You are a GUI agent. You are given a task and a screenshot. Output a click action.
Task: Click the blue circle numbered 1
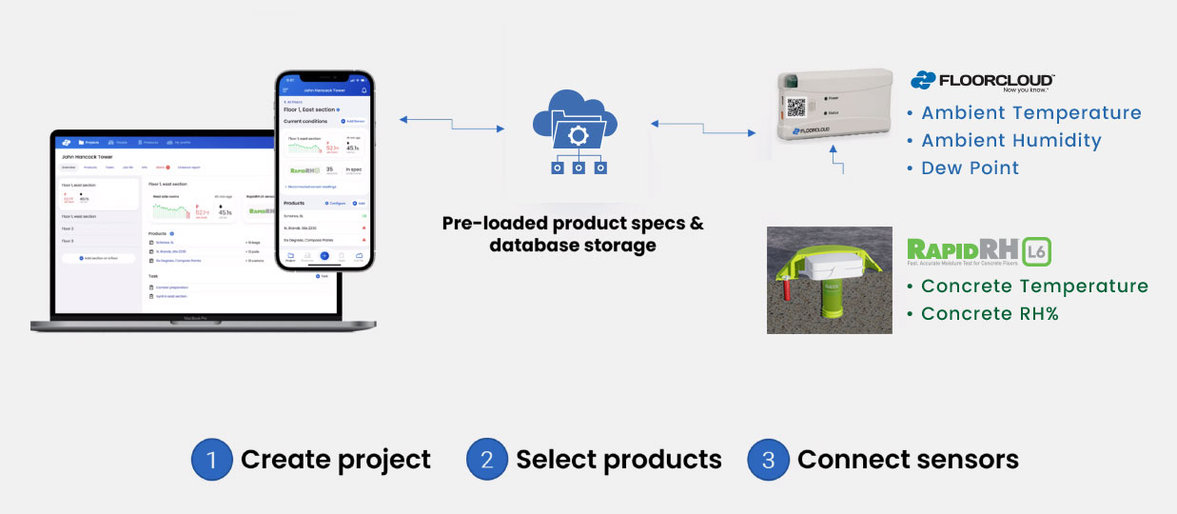(212, 461)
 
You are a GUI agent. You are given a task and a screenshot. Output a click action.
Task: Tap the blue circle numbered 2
(487, 461)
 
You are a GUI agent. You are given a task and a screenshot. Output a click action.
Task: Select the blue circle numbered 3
(768, 461)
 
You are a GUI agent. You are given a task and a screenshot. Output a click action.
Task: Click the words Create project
(335, 461)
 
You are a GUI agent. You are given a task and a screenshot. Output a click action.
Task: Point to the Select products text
(618, 461)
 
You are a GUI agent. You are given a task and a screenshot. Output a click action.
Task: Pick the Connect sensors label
(908, 461)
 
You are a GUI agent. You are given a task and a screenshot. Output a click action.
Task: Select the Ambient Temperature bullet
(1030, 113)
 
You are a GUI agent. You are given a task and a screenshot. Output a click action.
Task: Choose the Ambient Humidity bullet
(1010, 141)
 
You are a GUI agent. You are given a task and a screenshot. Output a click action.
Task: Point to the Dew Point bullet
(970, 168)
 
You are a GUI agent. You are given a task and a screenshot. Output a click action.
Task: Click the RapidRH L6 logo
(979, 251)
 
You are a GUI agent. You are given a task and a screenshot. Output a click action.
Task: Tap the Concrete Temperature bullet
(1033, 287)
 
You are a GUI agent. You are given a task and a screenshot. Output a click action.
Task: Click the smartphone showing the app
(324, 170)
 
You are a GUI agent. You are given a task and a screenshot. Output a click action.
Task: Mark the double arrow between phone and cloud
(451, 124)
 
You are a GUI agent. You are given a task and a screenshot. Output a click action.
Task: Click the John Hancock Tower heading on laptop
(87, 156)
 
